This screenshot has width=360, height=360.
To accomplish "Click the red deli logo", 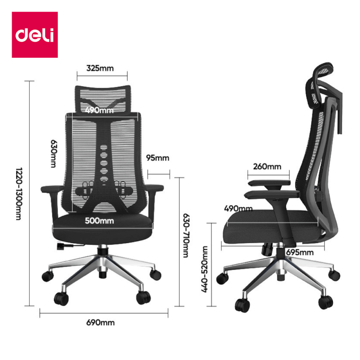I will point(35,35).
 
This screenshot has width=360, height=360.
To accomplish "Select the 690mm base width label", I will point(100,323).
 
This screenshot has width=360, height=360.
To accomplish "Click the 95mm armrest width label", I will point(158,158).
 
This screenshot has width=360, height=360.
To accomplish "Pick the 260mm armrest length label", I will point(267,167).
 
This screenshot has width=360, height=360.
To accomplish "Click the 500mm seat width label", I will point(99,221).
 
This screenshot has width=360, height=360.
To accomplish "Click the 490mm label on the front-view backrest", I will point(99,110).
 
